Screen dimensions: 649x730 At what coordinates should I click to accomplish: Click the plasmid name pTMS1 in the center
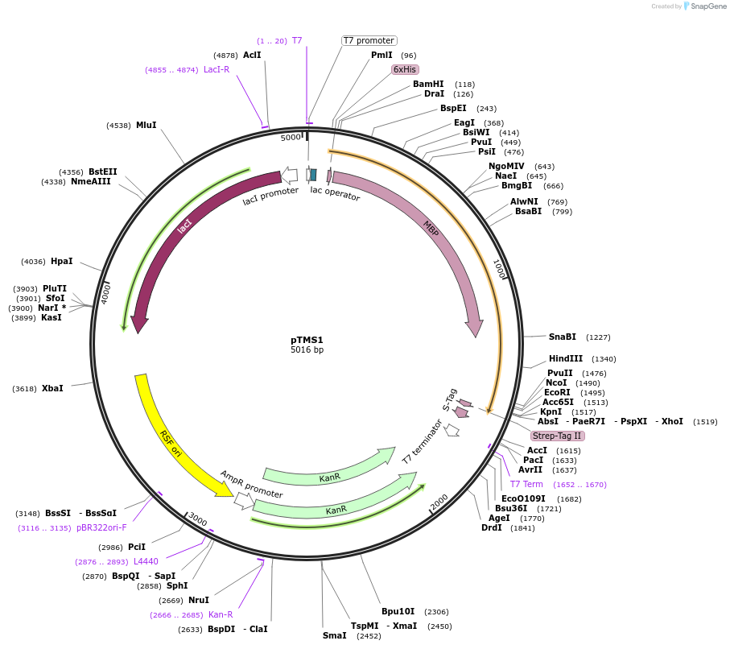click(307, 340)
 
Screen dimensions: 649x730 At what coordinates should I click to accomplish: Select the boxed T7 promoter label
click(369, 40)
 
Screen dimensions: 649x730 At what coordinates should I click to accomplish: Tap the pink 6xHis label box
click(405, 69)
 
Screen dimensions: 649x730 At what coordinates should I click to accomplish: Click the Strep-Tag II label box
click(557, 436)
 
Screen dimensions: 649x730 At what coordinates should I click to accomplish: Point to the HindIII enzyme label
click(566, 358)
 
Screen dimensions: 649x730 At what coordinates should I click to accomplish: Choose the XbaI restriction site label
click(52, 388)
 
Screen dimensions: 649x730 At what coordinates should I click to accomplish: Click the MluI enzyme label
click(146, 125)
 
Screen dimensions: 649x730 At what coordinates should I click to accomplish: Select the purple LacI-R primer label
click(217, 69)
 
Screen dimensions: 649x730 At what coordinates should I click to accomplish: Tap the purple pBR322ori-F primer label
click(102, 527)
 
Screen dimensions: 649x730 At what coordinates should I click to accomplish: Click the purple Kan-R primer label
click(221, 614)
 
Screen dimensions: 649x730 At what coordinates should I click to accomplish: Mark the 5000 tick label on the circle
click(290, 138)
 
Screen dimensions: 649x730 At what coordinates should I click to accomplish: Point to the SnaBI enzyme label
click(563, 337)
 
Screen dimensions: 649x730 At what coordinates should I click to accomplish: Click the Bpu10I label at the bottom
click(398, 611)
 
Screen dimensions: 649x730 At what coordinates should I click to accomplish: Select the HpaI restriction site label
click(61, 261)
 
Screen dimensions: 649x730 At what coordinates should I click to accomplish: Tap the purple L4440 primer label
click(146, 561)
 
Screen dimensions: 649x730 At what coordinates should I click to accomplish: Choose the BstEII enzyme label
click(103, 172)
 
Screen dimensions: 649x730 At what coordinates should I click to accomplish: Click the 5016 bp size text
click(307, 350)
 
